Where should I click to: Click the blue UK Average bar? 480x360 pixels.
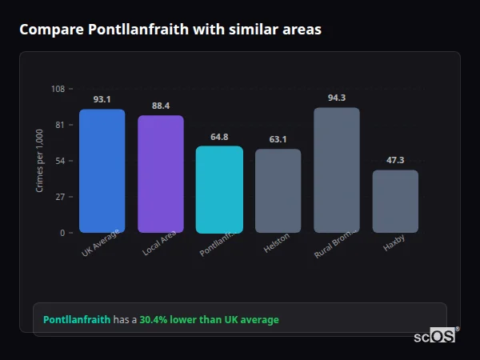pos(102,171)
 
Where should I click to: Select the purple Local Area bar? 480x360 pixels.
pos(160,174)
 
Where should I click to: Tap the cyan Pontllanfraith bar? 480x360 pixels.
pos(219,190)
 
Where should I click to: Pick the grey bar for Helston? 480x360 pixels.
pos(278,191)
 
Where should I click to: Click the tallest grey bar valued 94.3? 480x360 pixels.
pos(336,170)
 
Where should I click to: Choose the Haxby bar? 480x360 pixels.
pos(395,202)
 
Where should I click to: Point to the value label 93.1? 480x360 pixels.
pos(102,100)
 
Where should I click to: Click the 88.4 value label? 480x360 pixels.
pos(160,106)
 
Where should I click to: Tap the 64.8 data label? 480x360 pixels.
pos(219,137)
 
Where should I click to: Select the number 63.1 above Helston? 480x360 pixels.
pos(278,139)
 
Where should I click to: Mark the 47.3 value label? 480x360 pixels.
pos(395,160)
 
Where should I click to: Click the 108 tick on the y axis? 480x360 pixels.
pos(58,89)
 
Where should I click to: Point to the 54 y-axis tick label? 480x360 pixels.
pos(60,161)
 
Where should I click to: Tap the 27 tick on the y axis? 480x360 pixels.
pos(60,197)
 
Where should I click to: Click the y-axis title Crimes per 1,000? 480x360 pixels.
pos(40,161)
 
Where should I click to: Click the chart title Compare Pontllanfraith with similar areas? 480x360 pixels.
pos(170,30)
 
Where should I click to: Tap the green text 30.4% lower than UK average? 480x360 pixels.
pos(209,320)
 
